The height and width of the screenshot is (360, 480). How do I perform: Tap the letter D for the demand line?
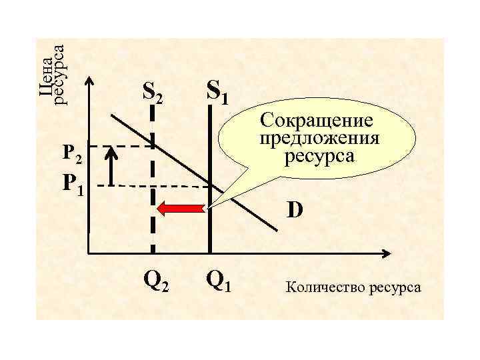(x=295, y=211)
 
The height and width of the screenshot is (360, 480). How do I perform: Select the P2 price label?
(x=71, y=154)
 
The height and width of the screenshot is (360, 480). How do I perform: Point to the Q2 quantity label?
(x=156, y=283)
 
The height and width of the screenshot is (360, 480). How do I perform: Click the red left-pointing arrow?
(x=180, y=209)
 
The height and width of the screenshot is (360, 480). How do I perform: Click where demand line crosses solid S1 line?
(x=209, y=184)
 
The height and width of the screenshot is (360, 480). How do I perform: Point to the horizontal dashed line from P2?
(x=120, y=146)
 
